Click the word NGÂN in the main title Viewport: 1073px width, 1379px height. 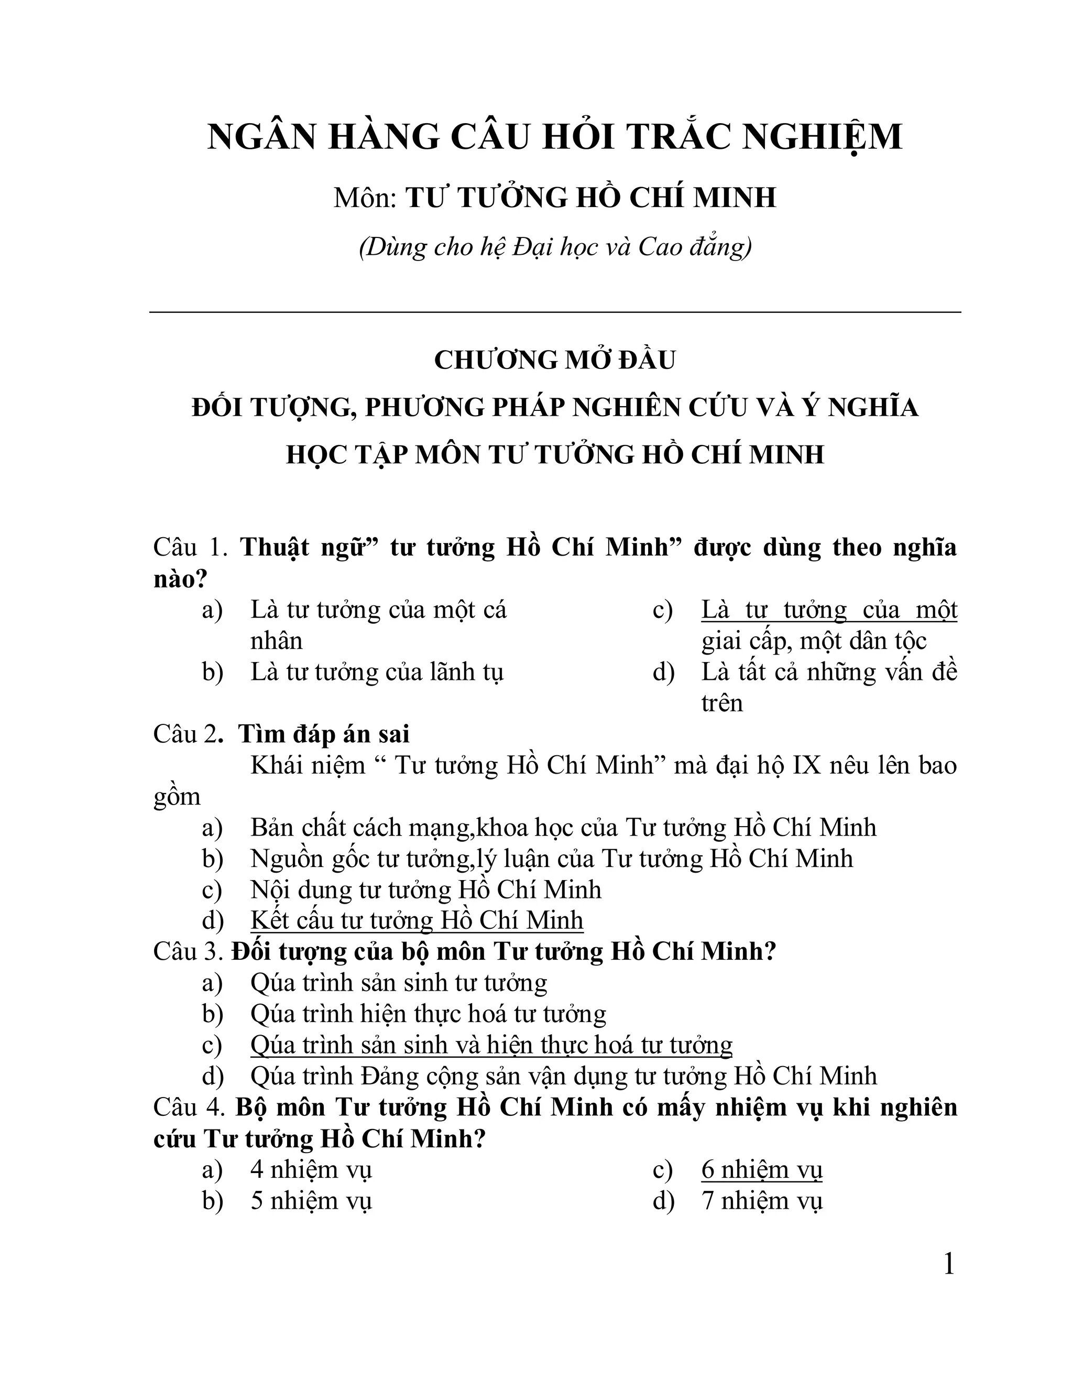point(261,137)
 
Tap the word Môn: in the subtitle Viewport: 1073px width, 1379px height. point(364,198)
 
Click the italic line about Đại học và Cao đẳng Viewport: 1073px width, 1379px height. point(555,247)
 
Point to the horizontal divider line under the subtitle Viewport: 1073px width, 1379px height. point(555,312)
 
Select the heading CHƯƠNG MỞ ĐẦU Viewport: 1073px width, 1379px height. point(555,360)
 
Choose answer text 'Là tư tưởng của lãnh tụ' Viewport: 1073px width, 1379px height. point(377,672)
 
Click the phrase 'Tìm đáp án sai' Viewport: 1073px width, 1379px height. point(324,734)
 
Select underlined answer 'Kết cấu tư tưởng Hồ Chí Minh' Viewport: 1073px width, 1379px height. point(417,920)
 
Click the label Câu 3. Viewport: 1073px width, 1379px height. point(188,951)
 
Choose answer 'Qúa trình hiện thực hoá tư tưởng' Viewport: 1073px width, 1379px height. point(428,1014)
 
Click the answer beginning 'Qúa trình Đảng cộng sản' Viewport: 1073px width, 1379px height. point(563,1076)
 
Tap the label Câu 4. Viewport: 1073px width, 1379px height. point(189,1107)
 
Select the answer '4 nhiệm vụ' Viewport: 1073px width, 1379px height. point(311,1170)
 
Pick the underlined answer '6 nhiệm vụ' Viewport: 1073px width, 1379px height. point(761,1170)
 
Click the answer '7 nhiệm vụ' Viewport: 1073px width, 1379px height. point(761,1201)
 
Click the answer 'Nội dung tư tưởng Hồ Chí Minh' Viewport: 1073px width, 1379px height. point(425,889)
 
